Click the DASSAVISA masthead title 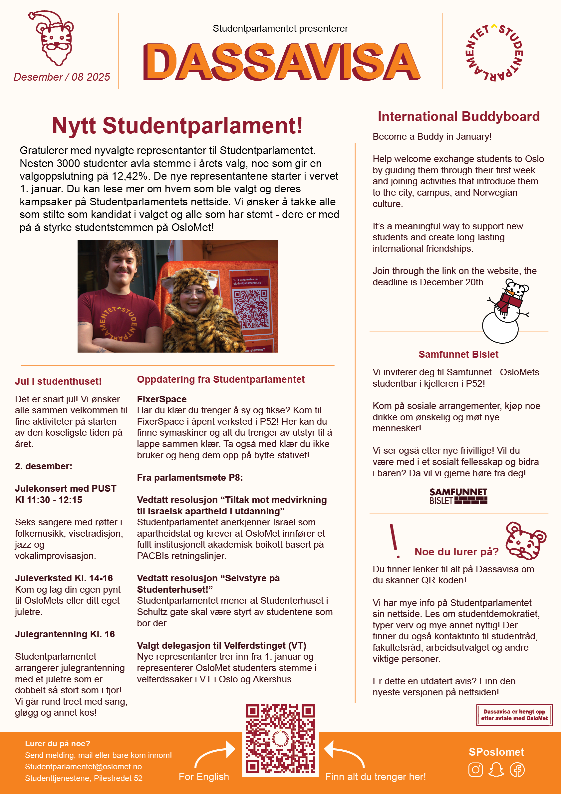(x=281, y=62)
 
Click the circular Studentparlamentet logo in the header (x=494, y=53)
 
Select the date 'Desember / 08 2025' (x=62, y=77)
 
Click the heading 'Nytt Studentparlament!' (x=177, y=125)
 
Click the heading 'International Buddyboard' (x=458, y=117)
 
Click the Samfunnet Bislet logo (x=458, y=496)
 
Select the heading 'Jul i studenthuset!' (x=58, y=381)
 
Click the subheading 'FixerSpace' (x=162, y=399)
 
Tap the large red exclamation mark (x=395, y=541)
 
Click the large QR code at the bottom (x=280, y=739)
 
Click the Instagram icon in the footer (x=475, y=770)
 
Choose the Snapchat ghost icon (x=496, y=770)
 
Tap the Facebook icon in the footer (x=517, y=770)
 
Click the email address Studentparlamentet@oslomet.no (x=83, y=767)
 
